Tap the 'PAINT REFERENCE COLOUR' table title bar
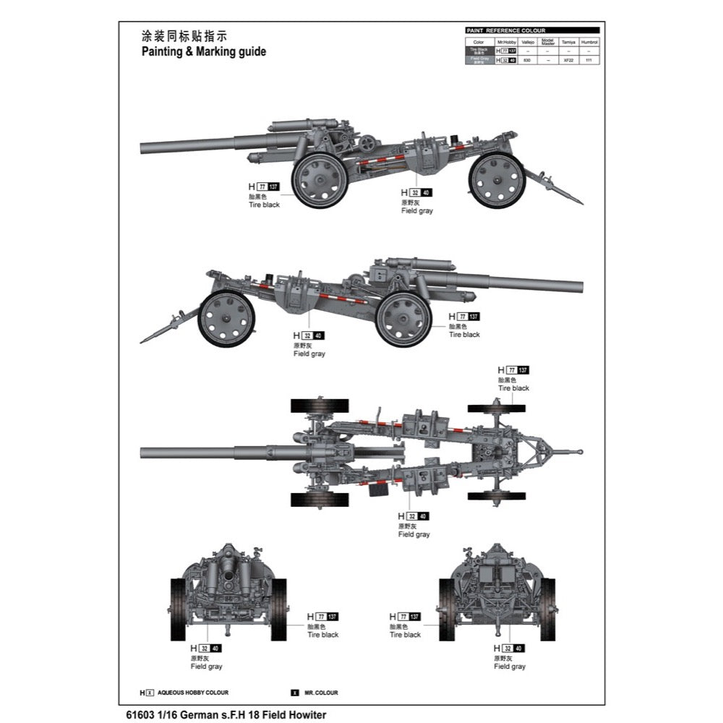click(532, 31)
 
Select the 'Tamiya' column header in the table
click(569, 42)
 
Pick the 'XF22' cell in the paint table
click(569, 61)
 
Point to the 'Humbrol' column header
click(589, 42)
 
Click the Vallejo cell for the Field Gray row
click(527, 61)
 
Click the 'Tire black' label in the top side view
click(264, 205)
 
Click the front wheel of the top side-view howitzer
click(318, 180)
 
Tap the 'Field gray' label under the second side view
click(309, 354)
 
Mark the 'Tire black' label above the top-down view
click(513, 388)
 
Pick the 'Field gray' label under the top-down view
click(414, 534)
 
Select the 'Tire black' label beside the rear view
click(405, 634)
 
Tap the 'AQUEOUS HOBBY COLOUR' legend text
click(192, 692)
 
